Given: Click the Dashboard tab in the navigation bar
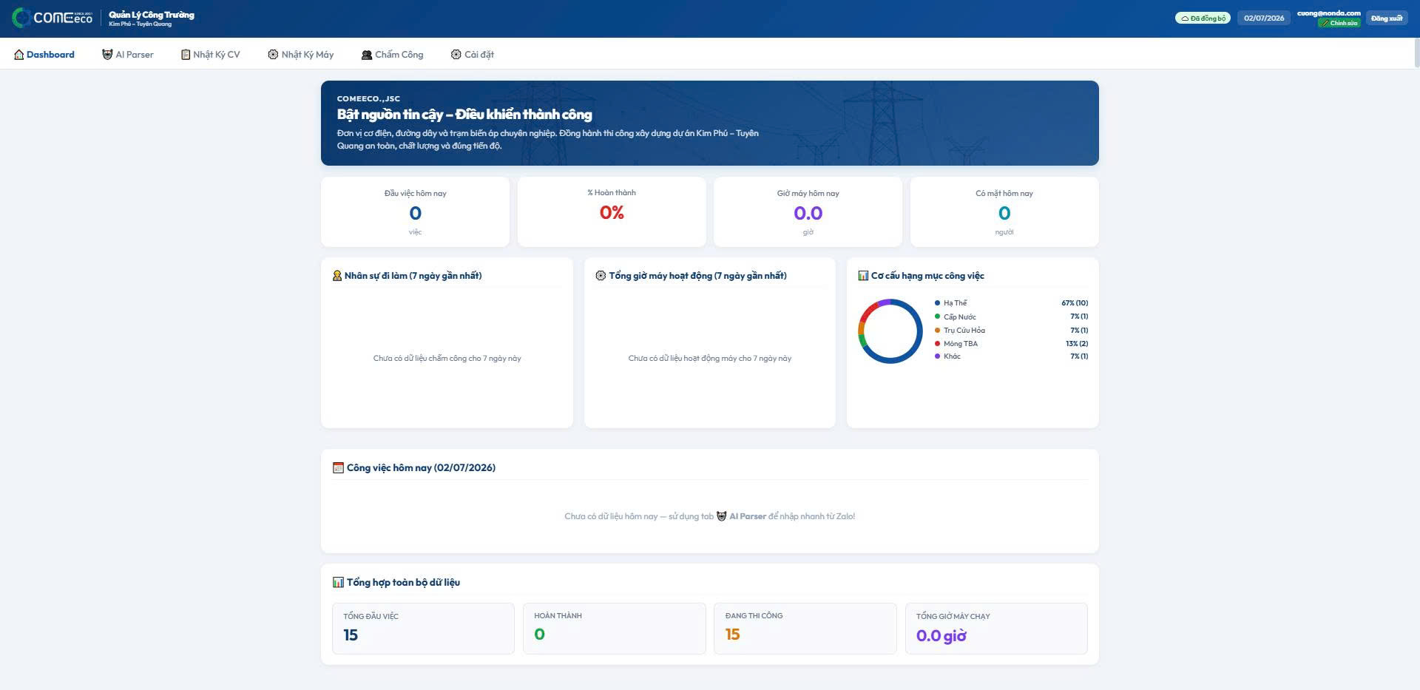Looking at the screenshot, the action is coord(44,55).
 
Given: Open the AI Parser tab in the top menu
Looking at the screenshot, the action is coord(128,55).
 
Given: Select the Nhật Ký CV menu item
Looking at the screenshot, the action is coord(211,55).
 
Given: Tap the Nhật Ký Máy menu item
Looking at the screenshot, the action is coord(300,55).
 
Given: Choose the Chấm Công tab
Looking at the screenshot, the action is coord(392,55).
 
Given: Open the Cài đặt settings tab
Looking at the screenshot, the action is coord(472,55).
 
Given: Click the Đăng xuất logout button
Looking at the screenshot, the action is coord(1387,18).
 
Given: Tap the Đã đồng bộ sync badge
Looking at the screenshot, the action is coord(1203,18).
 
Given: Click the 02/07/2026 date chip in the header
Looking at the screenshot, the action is coord(1264,18).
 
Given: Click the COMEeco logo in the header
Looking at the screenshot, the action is coord(53,18).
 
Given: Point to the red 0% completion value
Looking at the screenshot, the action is coord(612,213).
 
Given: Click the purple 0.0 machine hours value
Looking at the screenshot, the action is coord(808,214).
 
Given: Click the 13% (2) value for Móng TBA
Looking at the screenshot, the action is coord(1077,344).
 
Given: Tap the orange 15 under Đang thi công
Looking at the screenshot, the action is coord(732,635).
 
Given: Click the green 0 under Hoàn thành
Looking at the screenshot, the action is coord(539,635).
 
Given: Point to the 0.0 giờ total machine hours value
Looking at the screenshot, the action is coord(941,636).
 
